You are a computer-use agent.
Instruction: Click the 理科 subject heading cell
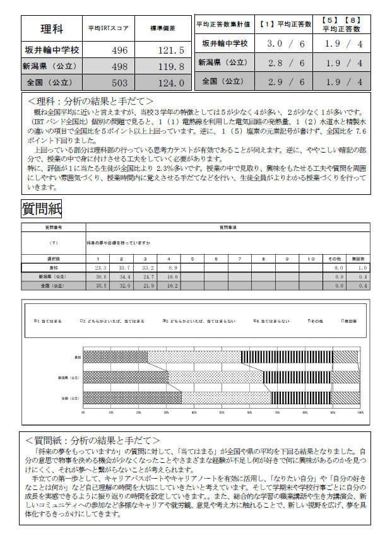tap(52, 28)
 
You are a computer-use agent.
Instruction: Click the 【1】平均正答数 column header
tap(286, 24)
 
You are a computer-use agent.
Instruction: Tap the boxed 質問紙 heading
tap(41, 208)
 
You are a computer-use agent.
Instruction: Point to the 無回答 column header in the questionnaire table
tap(357, 259)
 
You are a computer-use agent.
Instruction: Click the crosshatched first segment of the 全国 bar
tap(133, 399)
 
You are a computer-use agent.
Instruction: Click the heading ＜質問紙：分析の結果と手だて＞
tap(93, 440)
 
